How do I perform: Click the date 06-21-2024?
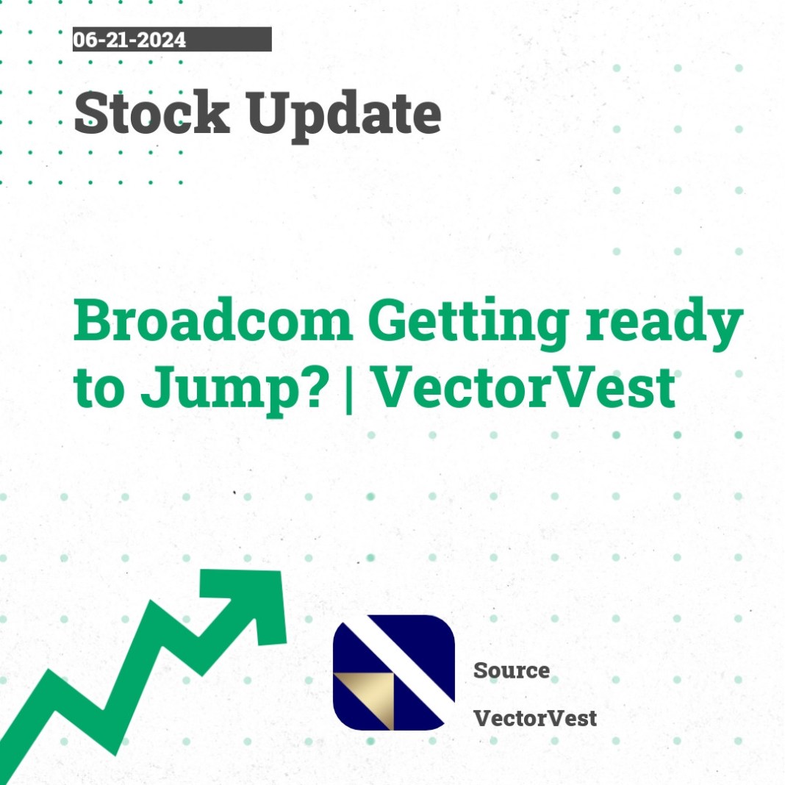129,40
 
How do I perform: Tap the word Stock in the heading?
152,112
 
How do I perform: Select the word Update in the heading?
343,116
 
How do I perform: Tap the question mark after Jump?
315,387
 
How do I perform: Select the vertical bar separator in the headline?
349,389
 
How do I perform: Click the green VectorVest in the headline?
525,387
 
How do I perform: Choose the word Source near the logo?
511,670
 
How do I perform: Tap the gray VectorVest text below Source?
534,718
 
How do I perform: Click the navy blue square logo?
393,673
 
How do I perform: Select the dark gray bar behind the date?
172,39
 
